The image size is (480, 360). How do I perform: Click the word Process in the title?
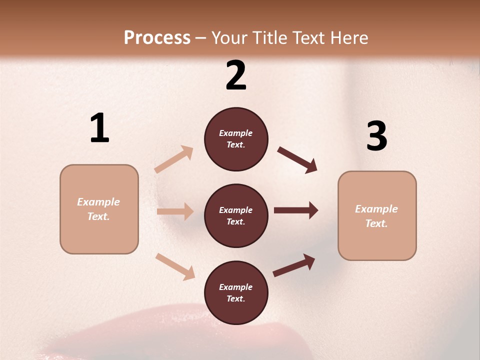(157, 37)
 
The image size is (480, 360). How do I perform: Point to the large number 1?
(99, 128)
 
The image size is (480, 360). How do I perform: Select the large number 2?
(236, 75)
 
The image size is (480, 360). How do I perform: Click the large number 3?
(376, 136)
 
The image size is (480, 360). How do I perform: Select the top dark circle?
(236, 139)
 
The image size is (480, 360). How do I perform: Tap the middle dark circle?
(236, 215)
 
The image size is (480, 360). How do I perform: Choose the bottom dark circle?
(236, 292)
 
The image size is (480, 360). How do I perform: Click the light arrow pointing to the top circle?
(173, 159)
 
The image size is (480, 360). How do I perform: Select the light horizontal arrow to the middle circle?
(175, 211)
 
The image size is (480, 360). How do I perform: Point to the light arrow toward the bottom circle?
(175, 266)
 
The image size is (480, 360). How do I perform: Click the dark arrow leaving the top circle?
(297, 159)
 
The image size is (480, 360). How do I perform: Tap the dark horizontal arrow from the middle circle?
(295, 210)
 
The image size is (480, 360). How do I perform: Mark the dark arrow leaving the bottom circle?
(294, 265)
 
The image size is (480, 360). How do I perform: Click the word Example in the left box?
(98, 202)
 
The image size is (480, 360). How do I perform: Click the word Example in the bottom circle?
(236, 287)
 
